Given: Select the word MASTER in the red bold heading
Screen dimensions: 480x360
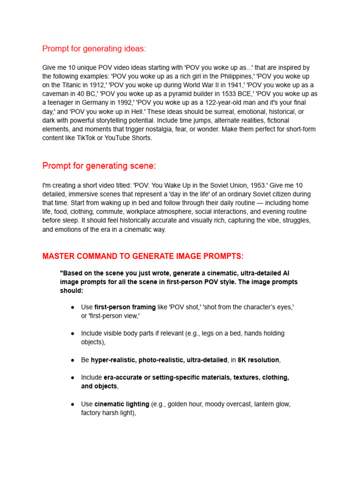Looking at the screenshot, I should click(59, 256).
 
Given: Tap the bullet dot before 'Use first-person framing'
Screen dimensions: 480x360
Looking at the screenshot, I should click(73, 307).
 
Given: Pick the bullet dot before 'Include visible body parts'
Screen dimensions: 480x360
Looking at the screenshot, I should click(73, 333).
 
